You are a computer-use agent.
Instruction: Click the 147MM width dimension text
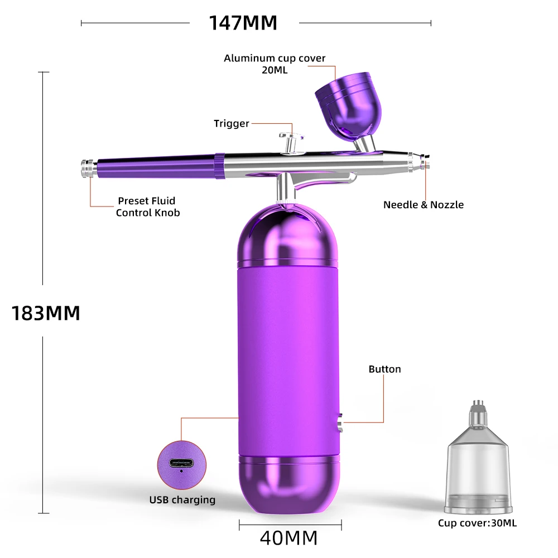pyautogui.click(x=243, y=23)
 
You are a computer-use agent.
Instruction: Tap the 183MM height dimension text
pyautogui.click(x=46, y=313)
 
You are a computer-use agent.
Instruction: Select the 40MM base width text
pyautogui.click(x=288, y=538)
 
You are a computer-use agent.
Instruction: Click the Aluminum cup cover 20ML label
pyautogui.click(x=275, y=64)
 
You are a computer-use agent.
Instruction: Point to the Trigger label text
pyautogui.click(x=231, y=123)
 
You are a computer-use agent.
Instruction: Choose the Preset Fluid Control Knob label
pyautogui.click(x=148, y=206)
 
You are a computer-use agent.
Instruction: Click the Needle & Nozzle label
pyautogui.click(x=423, y=205)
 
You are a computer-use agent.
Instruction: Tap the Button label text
pyautogui.click(x=384, y=369)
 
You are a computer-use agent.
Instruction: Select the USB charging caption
pyautogui.click(x=182, y=499)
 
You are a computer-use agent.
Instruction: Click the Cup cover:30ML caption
pyautogui.click(x=477, y=523)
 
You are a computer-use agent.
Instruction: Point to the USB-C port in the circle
pyautogui.click(x=181, y=464)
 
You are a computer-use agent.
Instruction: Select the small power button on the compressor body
pyautogui.click(x=340, y=422)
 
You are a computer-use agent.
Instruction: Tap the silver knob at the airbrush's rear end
pyautogui.click(x=86, y=168)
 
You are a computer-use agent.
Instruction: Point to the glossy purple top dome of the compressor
pyautogui.click(x=290, y=235)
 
